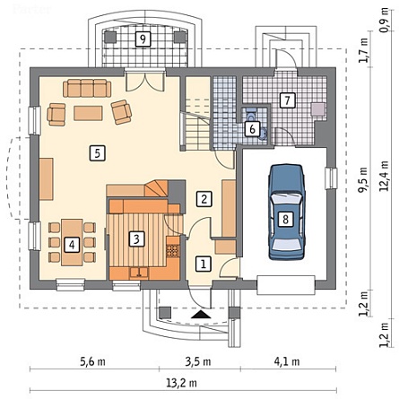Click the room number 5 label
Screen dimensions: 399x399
click(x=98, y=153)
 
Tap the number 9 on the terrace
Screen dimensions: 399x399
click(x=143, y=39)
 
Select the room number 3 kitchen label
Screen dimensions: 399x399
click(x=136, y=239)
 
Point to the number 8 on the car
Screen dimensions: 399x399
click(x=285, y=220)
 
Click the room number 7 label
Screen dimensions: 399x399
click(x=288, y=100)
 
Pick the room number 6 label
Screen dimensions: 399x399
click(x=252, y=129)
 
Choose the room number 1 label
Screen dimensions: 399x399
click(x=204, y=265)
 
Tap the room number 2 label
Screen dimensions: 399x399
click(x=204, y=199)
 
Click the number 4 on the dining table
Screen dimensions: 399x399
click(x=72, y=245)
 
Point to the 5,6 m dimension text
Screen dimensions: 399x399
click(x=92, y=361)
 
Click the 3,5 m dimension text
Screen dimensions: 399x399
click(x=198, y=361)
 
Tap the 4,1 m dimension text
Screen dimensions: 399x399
click(x=287, y=361)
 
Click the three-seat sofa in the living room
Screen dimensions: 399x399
click(x=87, y=88)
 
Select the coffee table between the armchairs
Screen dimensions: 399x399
click(x=88, y=113)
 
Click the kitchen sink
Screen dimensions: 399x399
click(x=139, y=273)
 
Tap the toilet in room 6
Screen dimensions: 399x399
click(x=251, y=113)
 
